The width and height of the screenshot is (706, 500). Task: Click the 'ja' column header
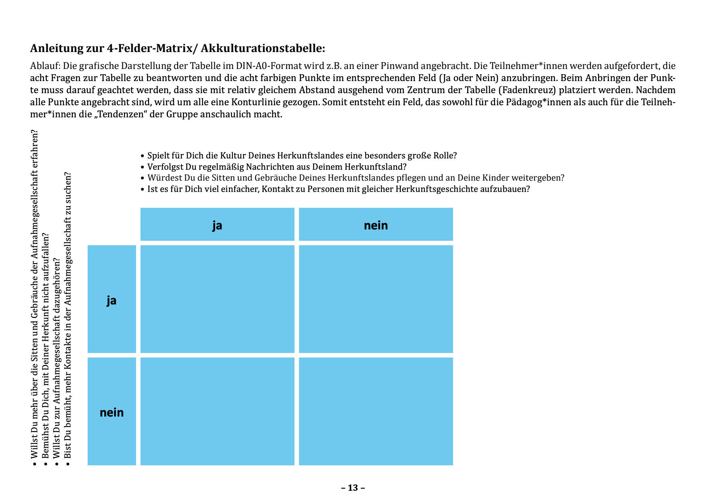pos(217,225)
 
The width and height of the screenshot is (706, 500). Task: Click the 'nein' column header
pos(376,225)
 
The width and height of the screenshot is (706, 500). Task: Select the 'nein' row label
pos(112,412)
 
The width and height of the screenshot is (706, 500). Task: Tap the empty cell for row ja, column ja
pos(217,299)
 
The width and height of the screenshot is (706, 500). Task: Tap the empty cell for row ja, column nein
pos(376,299)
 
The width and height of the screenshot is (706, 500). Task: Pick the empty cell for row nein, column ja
pos(217,411)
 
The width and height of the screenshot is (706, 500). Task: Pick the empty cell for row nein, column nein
pos(376,411)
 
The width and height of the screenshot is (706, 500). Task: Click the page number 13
pos(353,488)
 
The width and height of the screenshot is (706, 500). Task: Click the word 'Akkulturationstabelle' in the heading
pos(263,48)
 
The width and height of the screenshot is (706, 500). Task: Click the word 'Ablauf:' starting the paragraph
pos(45,66)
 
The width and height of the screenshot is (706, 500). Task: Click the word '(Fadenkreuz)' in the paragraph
pos(529,90)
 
